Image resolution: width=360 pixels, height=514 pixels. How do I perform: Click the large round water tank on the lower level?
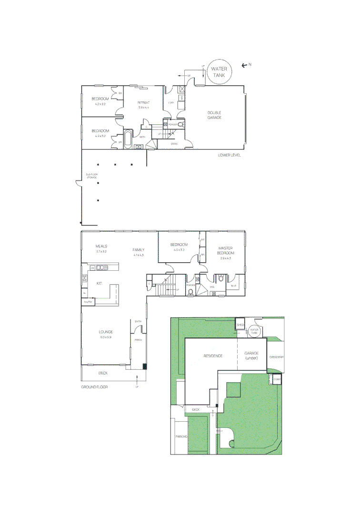click(x=219, y=72)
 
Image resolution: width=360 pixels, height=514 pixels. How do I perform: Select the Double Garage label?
click(x=214, y=115)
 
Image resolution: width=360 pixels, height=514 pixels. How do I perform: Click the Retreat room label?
click(x=144, y=105)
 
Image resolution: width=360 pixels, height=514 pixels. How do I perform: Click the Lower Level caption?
click(x=230, y=155)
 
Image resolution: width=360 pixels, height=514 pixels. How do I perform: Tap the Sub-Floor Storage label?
click(x=91, y=176)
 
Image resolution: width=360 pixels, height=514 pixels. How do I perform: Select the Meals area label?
click(x=101, y=248)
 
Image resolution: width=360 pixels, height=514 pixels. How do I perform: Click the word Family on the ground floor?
click(x=139, y=250)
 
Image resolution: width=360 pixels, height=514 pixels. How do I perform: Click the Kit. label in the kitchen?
click(x=100, y=284)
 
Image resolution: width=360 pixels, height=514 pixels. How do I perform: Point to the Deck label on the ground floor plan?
click(x=103, y=373)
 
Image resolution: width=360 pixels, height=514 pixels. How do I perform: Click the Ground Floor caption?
click(x=94, y=387)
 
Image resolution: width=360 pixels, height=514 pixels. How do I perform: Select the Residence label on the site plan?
click(x=213, y=356)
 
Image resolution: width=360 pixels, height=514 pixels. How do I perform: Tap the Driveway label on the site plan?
click(x=276, y=356)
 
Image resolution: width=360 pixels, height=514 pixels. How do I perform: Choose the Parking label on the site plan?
click(x=181, y=436)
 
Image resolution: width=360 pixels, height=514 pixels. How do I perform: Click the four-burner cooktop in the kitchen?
click(x=84, y=278)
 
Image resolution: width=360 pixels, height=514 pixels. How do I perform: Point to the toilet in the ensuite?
click(x=221, y=279)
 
